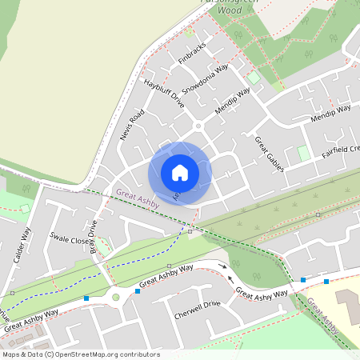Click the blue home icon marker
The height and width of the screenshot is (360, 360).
180,173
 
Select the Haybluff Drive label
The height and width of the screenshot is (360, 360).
164,93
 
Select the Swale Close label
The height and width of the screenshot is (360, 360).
67,238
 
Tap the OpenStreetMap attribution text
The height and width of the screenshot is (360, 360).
80,354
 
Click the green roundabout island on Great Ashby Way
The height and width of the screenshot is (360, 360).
115,298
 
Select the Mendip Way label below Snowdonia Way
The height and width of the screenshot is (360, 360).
233,102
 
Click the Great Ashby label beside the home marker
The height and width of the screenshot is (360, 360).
138,197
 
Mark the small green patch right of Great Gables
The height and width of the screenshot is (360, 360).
303,152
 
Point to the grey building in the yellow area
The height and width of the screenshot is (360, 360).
348,303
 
